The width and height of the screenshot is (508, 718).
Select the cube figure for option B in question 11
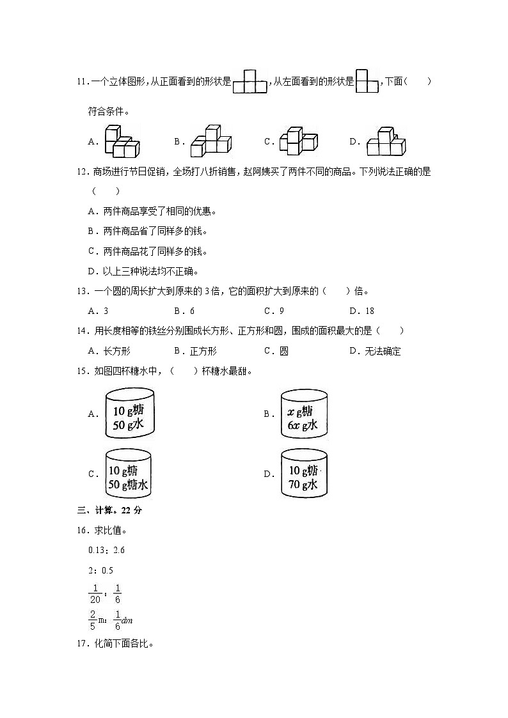pyautogui.click(x=210, y=142)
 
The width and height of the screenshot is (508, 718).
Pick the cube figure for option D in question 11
pyautogui.click(x=386, y=142)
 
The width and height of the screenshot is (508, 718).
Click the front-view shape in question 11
pyautogui.click(x=250, y=82)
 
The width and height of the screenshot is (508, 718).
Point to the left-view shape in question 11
pyautogui.click(x=367, y=82)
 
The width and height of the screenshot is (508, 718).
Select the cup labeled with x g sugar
pyautogui.click(x=305, y=414)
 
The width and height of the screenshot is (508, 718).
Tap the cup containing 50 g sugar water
pyautogui.click(x=129, y=474)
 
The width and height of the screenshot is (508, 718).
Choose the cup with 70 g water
pyautogui.click(x=305, y=474)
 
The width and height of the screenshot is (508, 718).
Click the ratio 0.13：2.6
pyautogui.click(x=107, y=550)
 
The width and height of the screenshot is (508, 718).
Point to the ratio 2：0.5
pyautogui.click(x=101, y=570)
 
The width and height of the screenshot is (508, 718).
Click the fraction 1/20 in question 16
pyautogui.click(x=95, y=593)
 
